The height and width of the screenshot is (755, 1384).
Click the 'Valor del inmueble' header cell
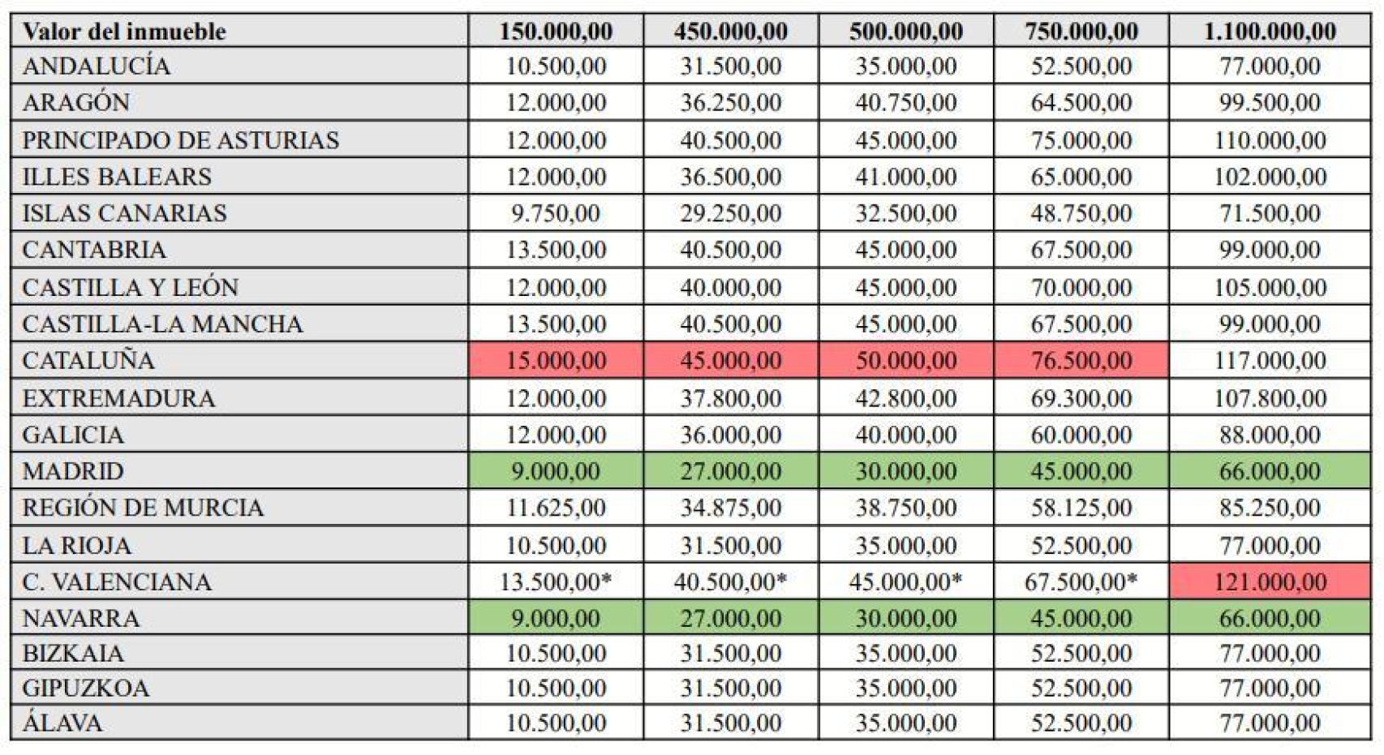(239, 30)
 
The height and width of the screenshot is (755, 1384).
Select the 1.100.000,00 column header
(1270, 30)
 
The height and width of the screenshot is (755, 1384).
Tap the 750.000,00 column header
(1081, 30)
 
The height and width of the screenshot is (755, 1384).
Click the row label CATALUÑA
(88, 360)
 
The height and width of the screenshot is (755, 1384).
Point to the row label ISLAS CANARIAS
(124, 213)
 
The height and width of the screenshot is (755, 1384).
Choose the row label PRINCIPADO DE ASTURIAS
(180, 140)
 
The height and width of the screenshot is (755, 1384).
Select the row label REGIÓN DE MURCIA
(143, 507)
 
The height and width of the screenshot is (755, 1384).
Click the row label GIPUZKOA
(85, 688)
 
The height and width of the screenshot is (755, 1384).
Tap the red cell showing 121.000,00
(1270, 581)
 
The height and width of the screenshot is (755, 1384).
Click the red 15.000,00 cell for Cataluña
(556, 360)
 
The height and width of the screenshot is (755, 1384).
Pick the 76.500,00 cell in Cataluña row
(1081, 360)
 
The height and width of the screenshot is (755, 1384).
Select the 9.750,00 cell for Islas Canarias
(556, 213)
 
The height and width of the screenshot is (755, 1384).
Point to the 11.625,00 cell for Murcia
(556, 507)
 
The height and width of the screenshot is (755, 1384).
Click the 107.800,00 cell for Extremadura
(1270, 398)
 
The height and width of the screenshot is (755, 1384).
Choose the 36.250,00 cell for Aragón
(731, 102)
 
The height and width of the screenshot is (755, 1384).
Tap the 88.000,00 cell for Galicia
(1270, 435)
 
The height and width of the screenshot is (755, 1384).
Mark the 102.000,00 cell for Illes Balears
(1270, 177)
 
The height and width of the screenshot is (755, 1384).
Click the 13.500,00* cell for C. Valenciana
(556, 581)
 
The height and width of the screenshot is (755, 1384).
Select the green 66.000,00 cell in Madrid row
(1270, 471)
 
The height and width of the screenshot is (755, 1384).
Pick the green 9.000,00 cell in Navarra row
(556, 618)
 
